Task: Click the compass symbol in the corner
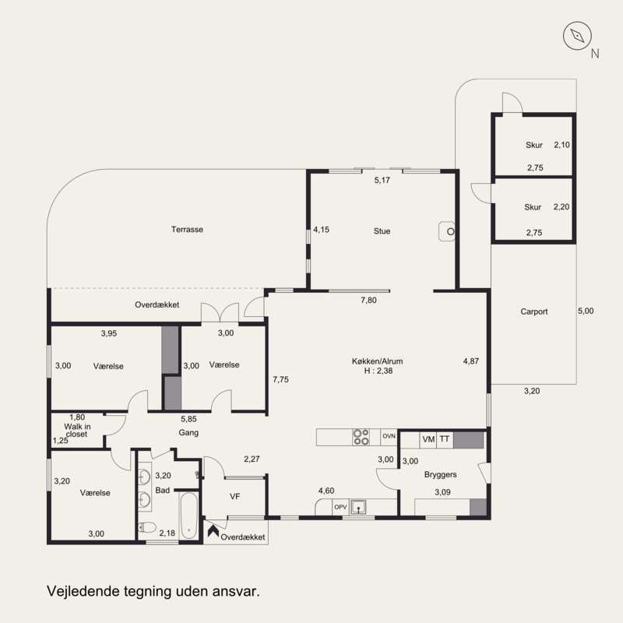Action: point(577,36)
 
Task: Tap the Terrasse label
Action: point(187,229)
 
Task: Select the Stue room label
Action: point(382,231)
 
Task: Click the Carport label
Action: point(534,311)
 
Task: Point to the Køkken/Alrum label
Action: point(378,361)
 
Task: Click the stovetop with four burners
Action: point(361,437)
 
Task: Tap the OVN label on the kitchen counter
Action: point(389,436)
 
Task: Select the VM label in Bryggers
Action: point(428,439)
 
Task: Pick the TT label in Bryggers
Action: point(445,438)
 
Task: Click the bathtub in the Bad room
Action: point(188,516)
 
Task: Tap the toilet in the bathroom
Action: point(147,527)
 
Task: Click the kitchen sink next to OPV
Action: point(358,508)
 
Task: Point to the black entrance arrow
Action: point(213,531)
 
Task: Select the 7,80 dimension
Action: point(368,300)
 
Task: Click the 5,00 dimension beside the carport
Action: point(586,311)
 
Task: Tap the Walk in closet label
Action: point(77,431)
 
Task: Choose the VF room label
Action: point(235,496)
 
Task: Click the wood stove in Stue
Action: point(446,231)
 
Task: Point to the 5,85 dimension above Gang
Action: point(188,419)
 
